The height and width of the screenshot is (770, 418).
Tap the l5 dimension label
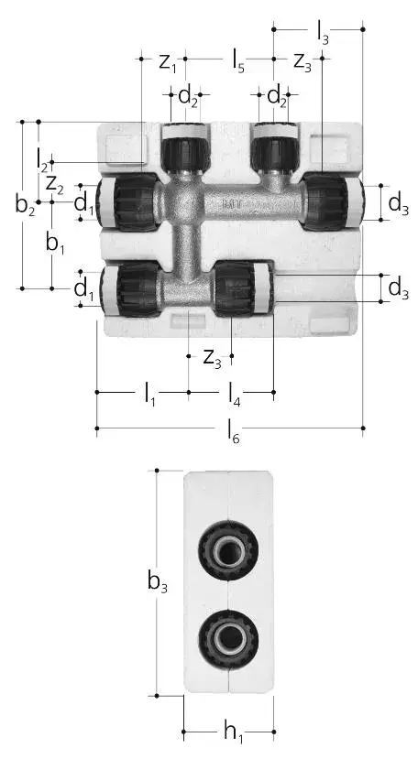[238, 63]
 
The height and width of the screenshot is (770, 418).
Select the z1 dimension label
[167, 63]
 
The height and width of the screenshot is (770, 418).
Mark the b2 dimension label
[25, 205]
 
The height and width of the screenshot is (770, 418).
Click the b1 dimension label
[55, 243]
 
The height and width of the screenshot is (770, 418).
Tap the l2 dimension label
[42, 160]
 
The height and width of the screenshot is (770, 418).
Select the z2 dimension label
[55, 185]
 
